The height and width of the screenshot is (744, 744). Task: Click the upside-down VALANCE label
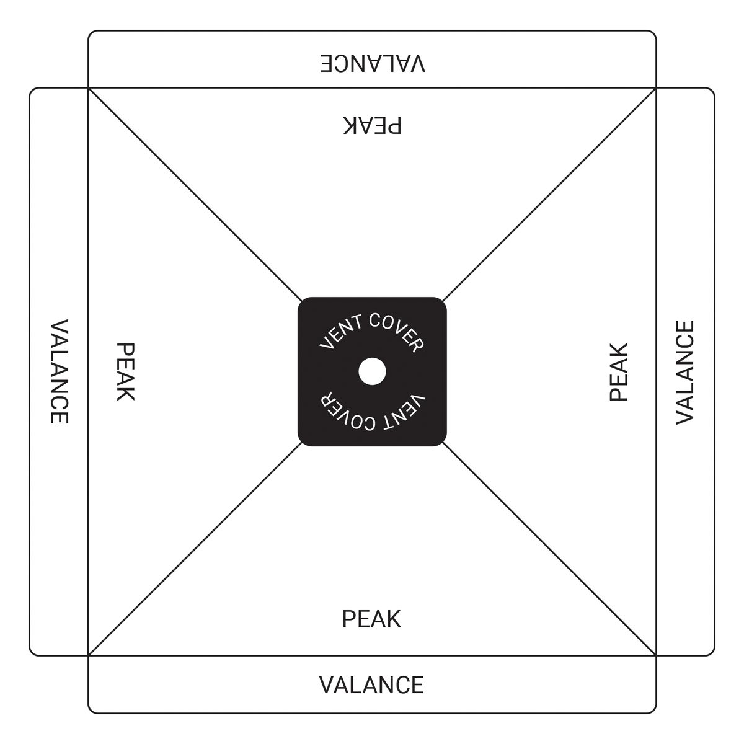click(373, 64)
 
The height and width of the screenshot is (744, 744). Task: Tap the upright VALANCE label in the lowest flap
click(371, 685)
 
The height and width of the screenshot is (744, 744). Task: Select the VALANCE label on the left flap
click(59, 371)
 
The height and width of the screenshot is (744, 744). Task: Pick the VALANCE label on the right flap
click(685, 372)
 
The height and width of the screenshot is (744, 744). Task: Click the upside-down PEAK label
click(372, 125)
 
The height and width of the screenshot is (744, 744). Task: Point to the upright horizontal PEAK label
click(371, 619)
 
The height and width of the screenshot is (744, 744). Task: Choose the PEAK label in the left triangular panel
click(125, 372)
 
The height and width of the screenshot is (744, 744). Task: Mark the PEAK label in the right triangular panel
click(619, 372)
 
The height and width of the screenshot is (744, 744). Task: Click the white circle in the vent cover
click(372, 371)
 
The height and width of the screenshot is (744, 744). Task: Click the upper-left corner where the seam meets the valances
click(89, 88)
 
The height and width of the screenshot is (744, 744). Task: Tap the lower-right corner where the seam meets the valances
click(656, 655)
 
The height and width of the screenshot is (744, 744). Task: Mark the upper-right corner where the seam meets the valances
click(656, 88)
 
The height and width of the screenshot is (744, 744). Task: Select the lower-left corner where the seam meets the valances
click(89, 655)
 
